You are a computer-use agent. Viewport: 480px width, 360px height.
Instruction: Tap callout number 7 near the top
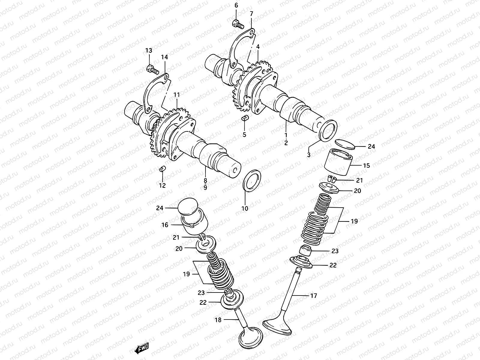click(x=251, y=14)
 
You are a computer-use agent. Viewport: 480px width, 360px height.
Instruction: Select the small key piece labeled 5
click(x=244, y=118)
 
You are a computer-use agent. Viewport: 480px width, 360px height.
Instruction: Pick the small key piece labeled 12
click(x=162, y=169)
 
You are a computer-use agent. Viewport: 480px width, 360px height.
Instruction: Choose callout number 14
click(x=164, y=57)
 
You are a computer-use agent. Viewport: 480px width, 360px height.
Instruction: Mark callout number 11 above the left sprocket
click(x=176, y=95)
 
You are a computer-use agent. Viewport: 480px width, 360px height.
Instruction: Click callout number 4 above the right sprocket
click(x=258, y=47)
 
